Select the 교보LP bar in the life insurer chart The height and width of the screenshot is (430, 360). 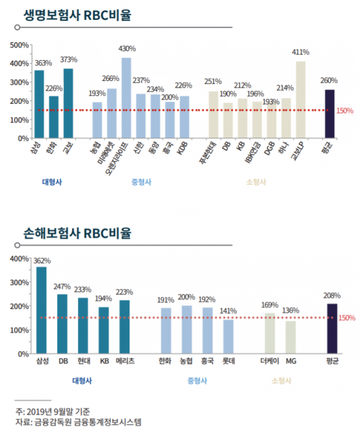pyautogui.click(x=301, y=100)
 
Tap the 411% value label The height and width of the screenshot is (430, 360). pyautogui.click(x=301, y=52)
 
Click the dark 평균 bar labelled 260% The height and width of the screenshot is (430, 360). pyautogui.click(x=329, y=113)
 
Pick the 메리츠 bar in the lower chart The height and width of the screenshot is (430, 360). pyautogui.click(x=125, y=327)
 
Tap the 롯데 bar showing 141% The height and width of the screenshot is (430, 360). pyautogui.click(x=228, y=336)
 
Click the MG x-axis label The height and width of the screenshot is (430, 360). pyautogui.click(x=291, y=362)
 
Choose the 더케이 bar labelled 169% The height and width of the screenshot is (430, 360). pyautogui.click(x=269, y=333)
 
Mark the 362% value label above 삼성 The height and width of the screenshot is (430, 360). pyautogui.click(x=42, y=261)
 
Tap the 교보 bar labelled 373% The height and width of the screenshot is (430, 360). pyautogui.click(x=68, y=103)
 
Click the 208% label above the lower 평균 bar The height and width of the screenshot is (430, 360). pyautogui.click(x=332, y=296)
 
